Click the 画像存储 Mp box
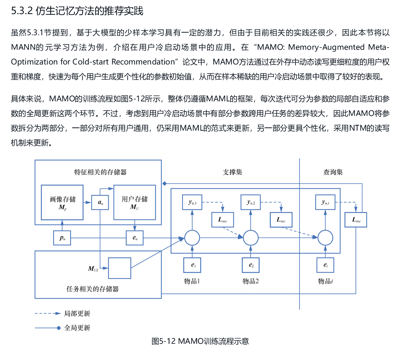coord(62,202)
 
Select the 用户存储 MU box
coord(135,202)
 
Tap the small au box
coord(100,202)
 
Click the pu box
coord(62,238)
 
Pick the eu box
coord(135,238)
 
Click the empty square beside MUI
coord(119,268)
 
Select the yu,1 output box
coord(192,202)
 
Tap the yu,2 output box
coord(251,202)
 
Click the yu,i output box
coord(325,202)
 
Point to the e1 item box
coord(192,265)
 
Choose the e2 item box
coord(251,265)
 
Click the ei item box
coord(325,265)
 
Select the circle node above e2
coord(251,238)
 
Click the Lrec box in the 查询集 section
coord(356,220)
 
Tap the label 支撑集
coord(232,172)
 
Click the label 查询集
coord(333,172)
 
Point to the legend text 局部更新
coord(77,314)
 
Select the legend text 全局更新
coord(77,328)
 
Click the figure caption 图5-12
coord(163,341)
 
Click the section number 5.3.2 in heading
coord(22,11)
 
